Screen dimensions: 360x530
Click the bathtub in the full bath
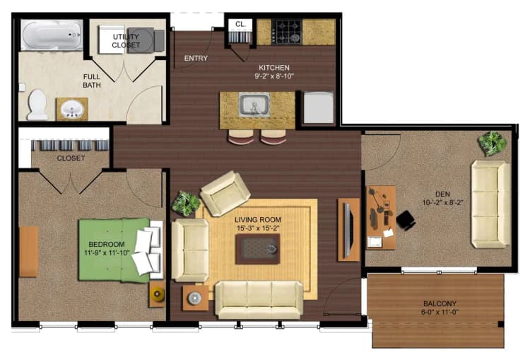(x=52, y=35)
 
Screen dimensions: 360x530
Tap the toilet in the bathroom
(x=37, y=104)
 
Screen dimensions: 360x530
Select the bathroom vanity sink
(x=72, y=110)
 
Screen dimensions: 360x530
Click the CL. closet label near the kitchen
(x=240, y=24)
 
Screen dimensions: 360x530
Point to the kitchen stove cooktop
(x=288, y=32)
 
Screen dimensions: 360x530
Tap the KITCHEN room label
(x=274, y=68)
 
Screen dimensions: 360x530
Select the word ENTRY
(x=196, y=58)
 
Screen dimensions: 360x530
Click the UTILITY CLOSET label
(x=126, y=40)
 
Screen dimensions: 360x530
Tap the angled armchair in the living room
(x=225, y=192)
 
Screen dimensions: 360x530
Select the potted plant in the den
(x=492, y=144)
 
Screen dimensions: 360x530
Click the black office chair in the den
(x=406, y=220)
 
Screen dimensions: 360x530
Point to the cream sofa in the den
(x=490, y=204)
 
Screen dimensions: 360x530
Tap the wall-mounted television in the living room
(x=347, y=228)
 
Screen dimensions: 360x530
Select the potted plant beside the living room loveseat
(x=187, y=204)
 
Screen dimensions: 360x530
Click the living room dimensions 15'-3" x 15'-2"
(x=258, y=228)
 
